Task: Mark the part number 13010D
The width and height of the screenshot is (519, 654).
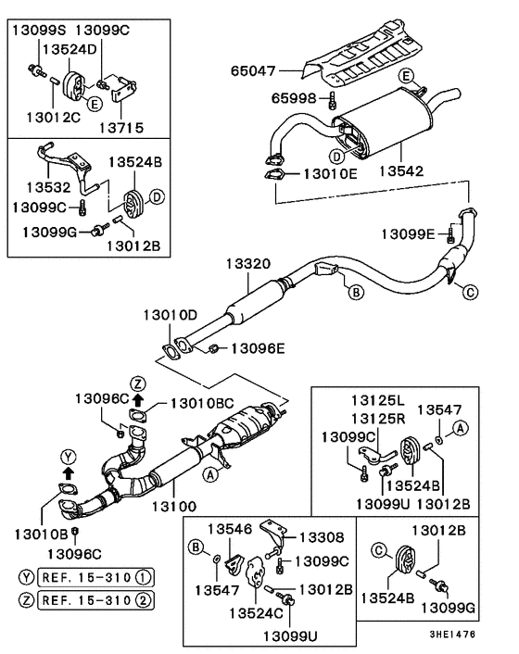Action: pos(170,315)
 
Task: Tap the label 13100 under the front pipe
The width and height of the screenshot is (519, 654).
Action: pos(177,508)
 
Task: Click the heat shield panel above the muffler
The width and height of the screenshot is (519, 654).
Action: pos(366,59)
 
